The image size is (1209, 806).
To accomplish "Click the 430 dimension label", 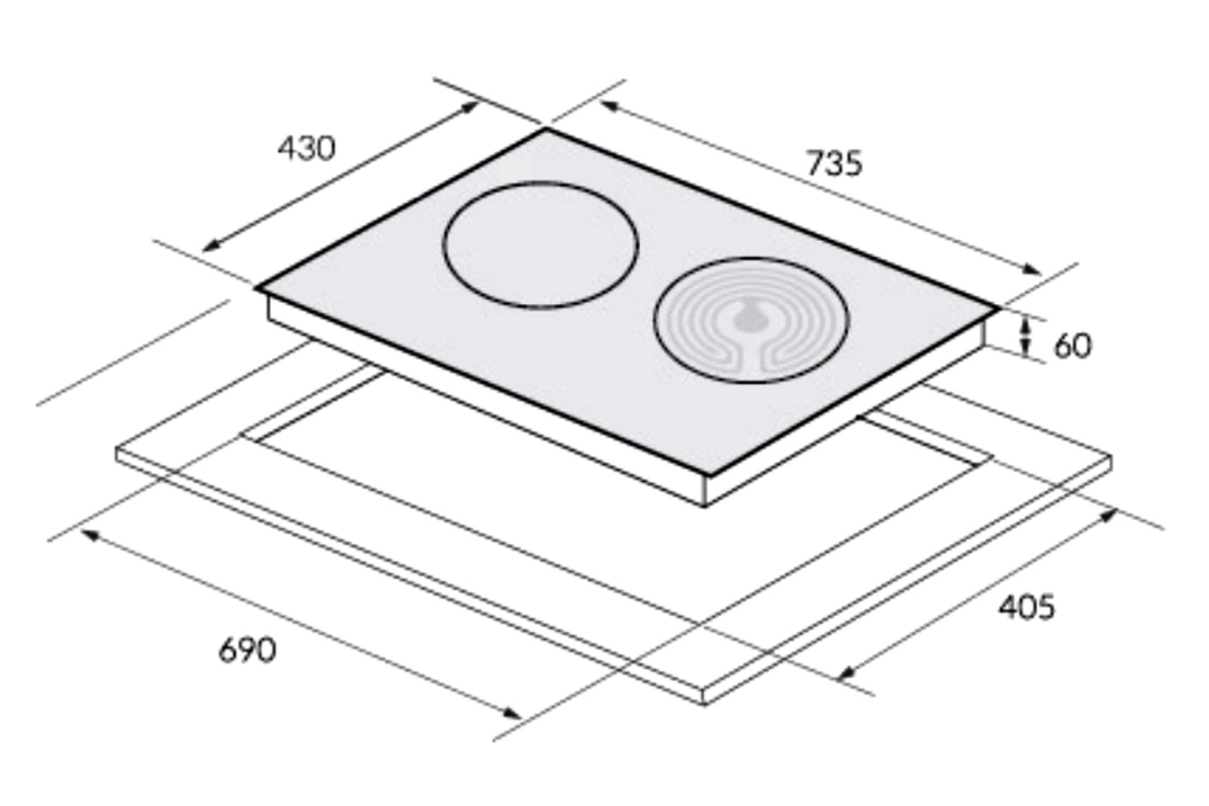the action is pyautogui.click(x=306, y=148).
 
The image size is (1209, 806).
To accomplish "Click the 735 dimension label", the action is pyautogui.click(x=834, y=163).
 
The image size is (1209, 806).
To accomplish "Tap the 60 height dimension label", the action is pyautogui.click(x=1073, y=346).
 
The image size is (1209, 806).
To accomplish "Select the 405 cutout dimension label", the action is pyautogui.click(x=1026, y=607).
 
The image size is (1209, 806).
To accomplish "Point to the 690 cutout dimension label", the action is pyautogui.click(x=247, y=650).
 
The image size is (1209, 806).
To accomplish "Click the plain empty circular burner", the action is pyautogui.click(x=541, y=245).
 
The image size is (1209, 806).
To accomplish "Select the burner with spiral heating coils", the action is pyautogui.click(x=751, y=320).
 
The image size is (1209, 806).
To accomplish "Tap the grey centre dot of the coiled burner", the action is pyautogui.click(x=750, y=321).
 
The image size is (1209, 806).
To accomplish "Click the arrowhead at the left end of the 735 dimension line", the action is pyautogui.click(x=609, y=106).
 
